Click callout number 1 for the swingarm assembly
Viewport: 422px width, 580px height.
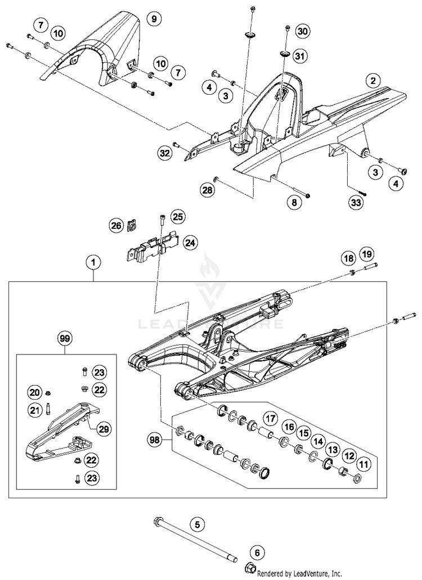[x=93, y=262]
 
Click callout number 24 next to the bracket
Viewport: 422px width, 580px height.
[x=190, y=243]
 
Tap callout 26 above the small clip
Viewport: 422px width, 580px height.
[x=116, y=225]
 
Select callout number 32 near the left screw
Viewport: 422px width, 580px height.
[x=164, y=153]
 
